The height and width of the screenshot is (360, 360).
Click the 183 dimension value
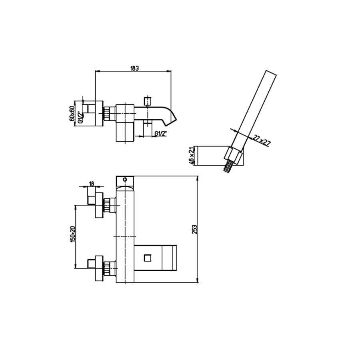coord(134,68)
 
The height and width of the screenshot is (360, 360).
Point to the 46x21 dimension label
coord(192,156)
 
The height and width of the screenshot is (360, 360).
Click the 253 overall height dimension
coord(194,229)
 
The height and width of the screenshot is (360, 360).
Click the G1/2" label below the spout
coord(160,133)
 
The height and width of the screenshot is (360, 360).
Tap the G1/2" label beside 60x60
coord(80,116)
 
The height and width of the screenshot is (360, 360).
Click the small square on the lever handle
coord(148,258)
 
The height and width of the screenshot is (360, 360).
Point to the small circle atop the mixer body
coord(125,180)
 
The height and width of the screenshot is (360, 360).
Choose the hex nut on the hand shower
coord(233,156)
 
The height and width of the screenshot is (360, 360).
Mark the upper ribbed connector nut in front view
coord(108,205)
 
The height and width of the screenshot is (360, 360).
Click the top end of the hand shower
coord(271,73)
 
